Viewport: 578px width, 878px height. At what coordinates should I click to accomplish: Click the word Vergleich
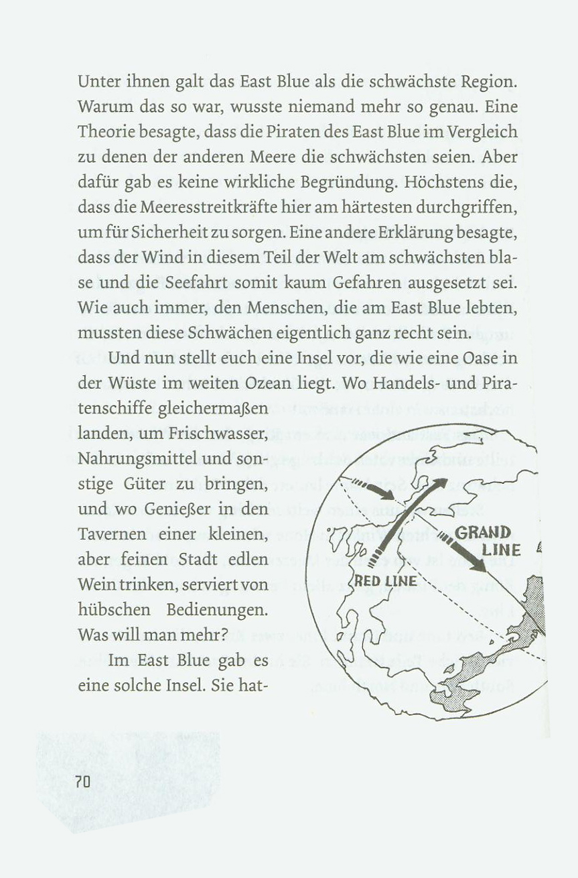click(485, 133)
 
